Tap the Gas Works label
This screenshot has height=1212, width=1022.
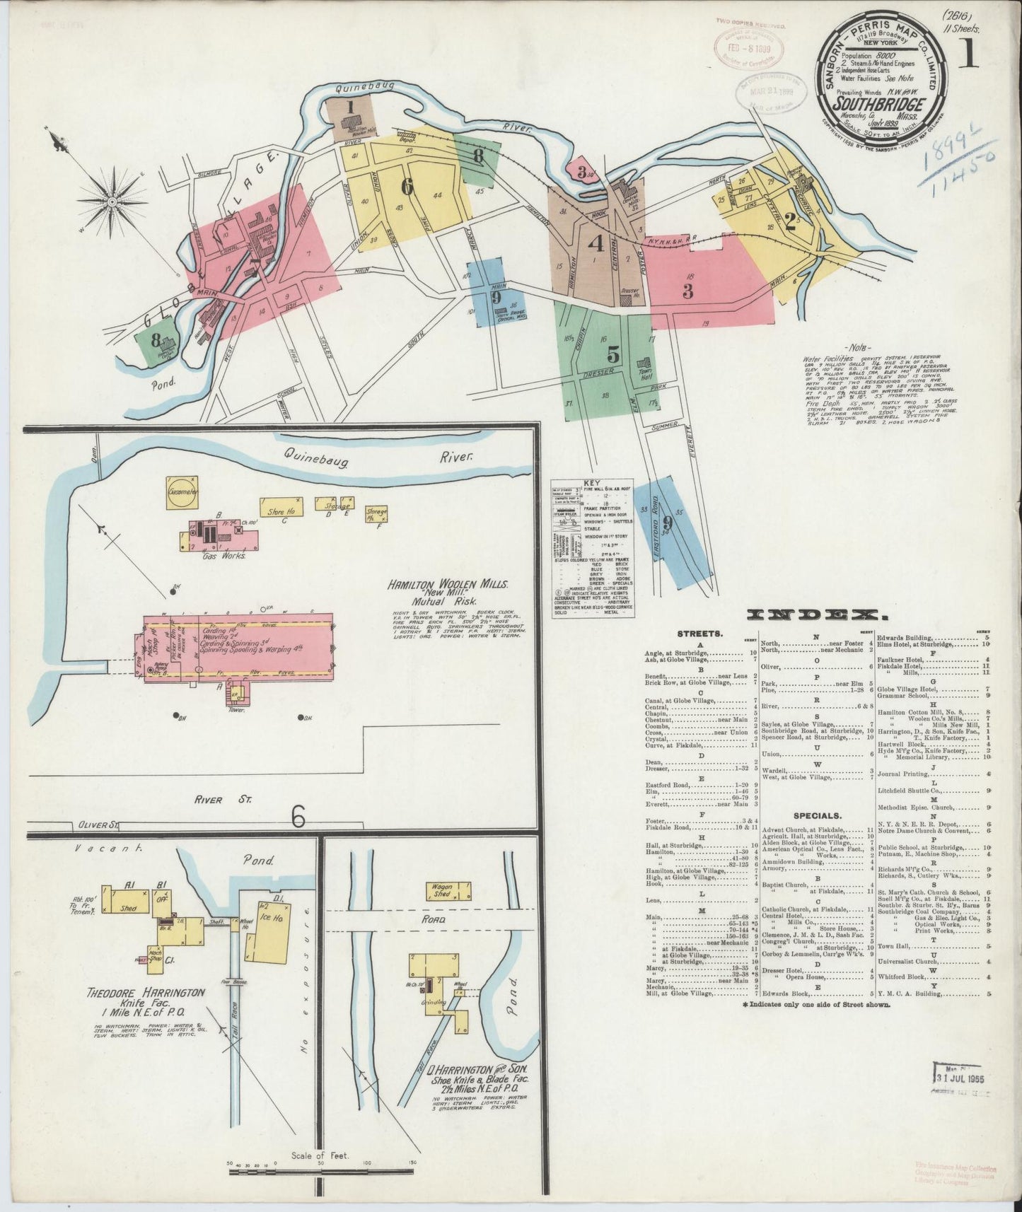click(x=223, y=556)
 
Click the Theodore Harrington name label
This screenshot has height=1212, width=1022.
click(x=146, y=993)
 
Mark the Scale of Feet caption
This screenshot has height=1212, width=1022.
click(x=321, y=1158)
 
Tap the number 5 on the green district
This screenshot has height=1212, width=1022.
click(x=613, y=355)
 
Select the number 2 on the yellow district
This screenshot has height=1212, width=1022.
click(x=791, y=223)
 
